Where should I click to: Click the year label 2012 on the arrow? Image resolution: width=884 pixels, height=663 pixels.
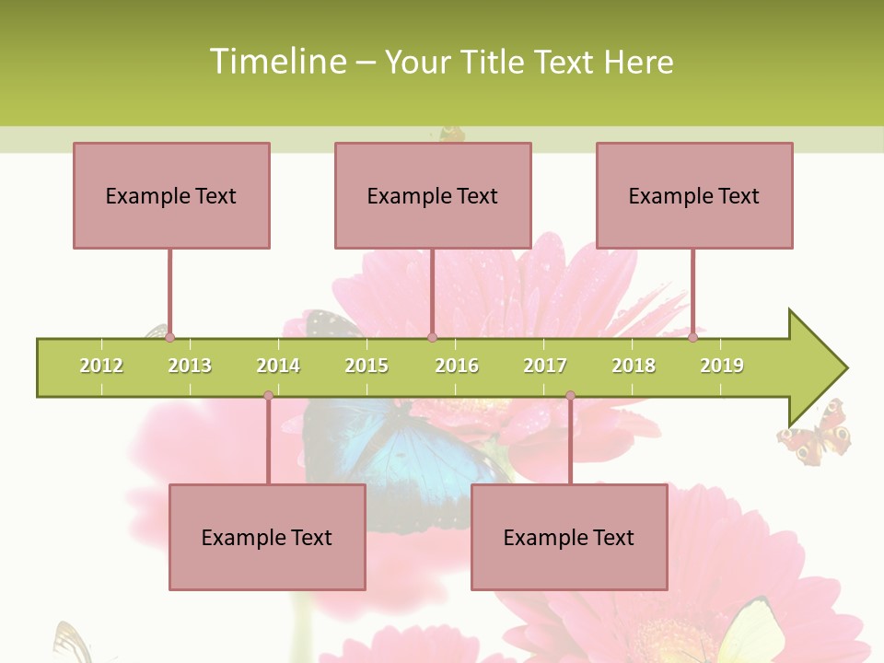[101, 366]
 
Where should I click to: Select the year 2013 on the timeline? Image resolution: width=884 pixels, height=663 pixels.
[190, 366]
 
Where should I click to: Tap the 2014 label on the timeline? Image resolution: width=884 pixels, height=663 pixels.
[278, 366]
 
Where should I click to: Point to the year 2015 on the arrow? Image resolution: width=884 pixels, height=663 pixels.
[366, 366]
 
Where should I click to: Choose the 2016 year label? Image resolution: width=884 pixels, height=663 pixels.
[457, 366]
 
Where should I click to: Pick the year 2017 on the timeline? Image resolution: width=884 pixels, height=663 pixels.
[545, 366]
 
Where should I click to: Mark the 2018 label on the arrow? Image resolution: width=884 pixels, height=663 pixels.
[634, 366]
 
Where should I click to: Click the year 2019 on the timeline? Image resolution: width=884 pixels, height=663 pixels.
[722, 366]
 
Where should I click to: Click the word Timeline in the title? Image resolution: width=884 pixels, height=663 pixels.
[276, 62]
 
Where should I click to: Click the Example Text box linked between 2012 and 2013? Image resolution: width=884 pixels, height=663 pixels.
[171, 195]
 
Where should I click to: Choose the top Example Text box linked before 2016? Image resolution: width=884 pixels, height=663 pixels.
[433, 195]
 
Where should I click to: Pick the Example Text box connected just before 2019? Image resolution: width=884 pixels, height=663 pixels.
[694, 195]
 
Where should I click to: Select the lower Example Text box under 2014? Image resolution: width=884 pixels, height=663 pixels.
[267, 537]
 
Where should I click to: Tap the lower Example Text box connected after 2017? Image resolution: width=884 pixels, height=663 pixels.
[569, 537]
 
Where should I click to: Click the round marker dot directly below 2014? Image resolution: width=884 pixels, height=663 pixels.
[268, 396]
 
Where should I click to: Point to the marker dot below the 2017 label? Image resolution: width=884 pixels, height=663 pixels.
[570, 396]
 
